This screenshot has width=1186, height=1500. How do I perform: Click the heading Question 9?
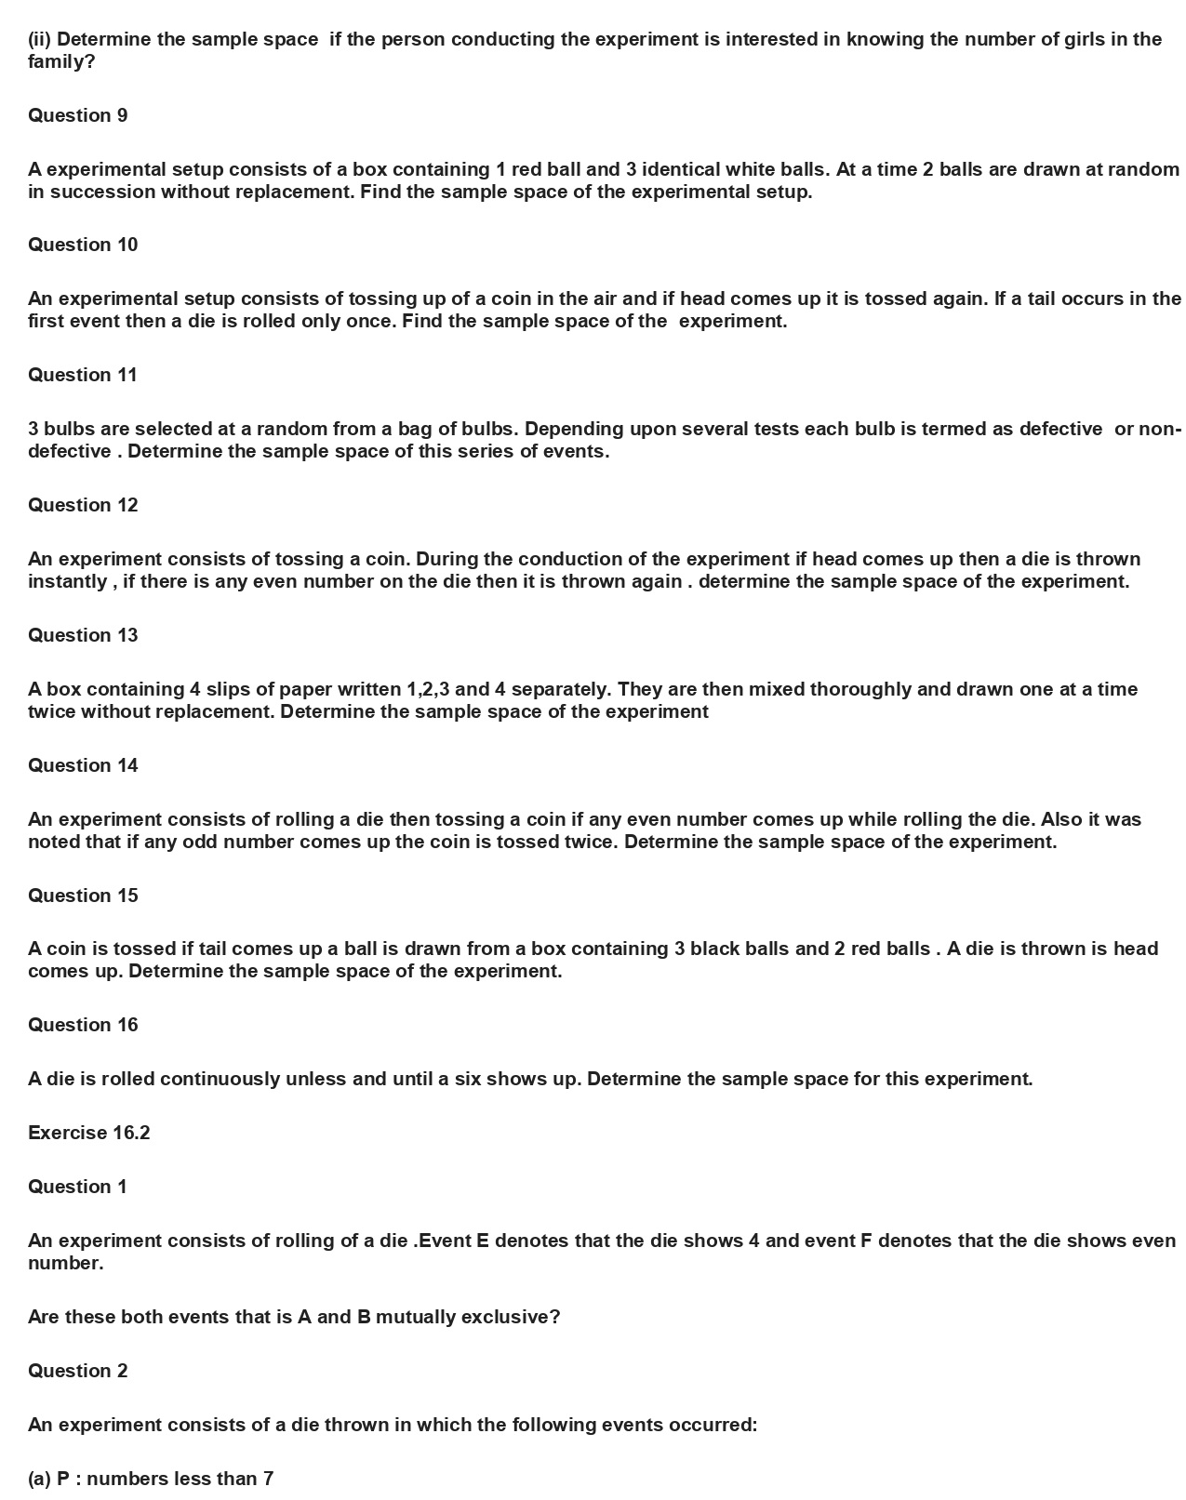pos(77,115)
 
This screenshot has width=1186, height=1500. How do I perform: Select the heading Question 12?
pos(83,505)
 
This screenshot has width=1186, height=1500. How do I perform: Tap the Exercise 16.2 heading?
pos(88,1133)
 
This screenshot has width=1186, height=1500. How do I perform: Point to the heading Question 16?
pos(83,1025)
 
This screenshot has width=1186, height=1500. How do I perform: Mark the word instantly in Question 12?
pos(68,582)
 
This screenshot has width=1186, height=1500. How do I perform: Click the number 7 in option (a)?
pos(268,1479)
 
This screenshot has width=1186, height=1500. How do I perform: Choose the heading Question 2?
pos(77,1371)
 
